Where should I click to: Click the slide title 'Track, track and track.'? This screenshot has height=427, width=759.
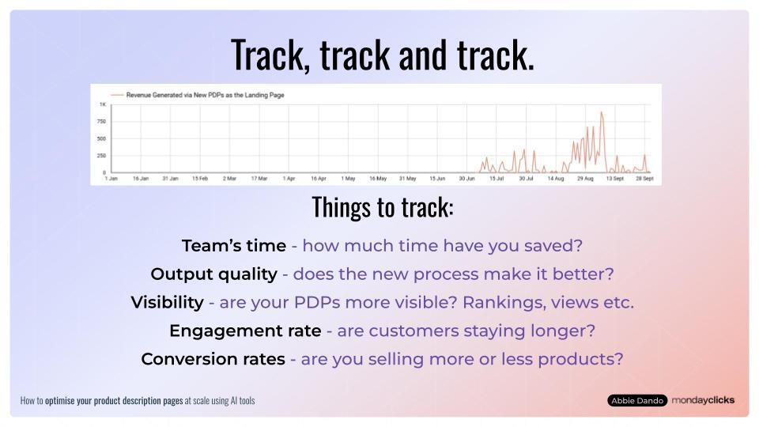pos(383,55)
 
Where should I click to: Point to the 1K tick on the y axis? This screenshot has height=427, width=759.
pos(103,105)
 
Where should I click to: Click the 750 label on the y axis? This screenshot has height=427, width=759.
pos(102,122)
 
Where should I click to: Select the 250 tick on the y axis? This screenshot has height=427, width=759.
pos(102,155)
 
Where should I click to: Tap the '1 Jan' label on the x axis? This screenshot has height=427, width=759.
pos(111,179)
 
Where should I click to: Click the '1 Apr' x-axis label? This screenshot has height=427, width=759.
pos(289,179)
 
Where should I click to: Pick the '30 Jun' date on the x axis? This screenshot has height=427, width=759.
pos(466,179)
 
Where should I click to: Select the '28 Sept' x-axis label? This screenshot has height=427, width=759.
pos(644,179)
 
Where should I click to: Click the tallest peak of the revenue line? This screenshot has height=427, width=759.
pos(602,112)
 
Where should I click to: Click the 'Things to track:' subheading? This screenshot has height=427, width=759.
pos(383,207)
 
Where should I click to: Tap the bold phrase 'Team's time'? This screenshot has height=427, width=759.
pos(234,246)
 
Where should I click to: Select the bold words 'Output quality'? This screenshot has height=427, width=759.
pos(213,274)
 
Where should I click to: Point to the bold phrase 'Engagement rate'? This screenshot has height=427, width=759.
pos(245,331)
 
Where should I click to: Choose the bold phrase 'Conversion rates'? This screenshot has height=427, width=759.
pos(213,359)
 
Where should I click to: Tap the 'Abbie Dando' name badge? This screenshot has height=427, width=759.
pos(637,401)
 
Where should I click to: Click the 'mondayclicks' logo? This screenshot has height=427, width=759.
pos(703,400)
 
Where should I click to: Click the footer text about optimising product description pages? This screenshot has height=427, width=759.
pos(138,401)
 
